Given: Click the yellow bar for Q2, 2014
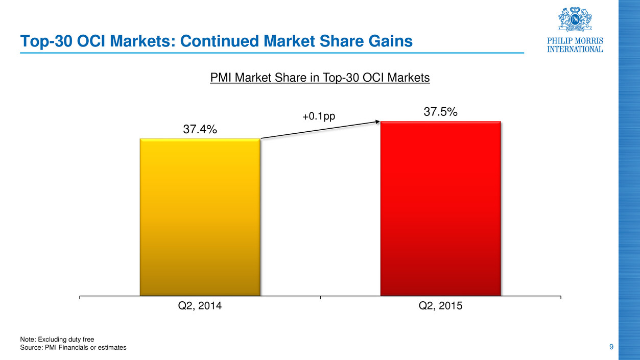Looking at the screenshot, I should click(200, 217).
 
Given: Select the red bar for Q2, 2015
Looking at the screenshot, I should click(440, 208).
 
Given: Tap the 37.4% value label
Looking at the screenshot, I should click(200, 130).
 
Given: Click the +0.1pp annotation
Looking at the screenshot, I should click(319, 116).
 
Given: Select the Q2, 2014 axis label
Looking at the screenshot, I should click(200, 306).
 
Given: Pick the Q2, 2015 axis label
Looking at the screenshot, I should click(440, 306).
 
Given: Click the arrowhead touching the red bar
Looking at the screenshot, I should click(378, 122).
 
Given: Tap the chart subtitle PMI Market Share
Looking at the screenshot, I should click(320, 78).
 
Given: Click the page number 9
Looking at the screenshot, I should click(611, 347).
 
